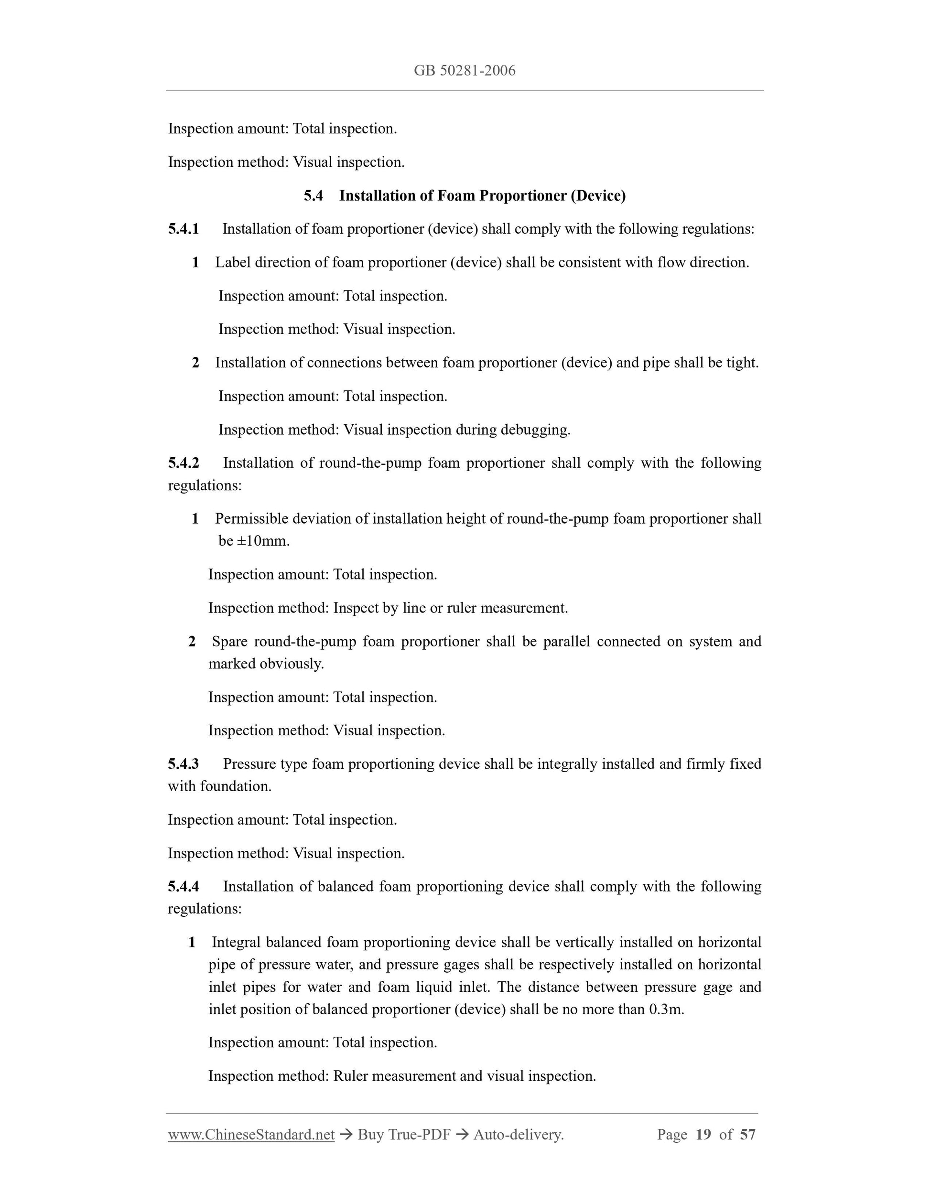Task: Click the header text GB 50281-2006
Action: tap(465, 71)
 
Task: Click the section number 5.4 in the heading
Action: tap(313, 195)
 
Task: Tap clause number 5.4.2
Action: tap(184, 462)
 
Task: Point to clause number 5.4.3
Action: tap(184, 764)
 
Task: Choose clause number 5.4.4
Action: tap(184, 886)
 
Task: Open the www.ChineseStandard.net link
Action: tap(251, 1135)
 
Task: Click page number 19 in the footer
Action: tap(703, 1135)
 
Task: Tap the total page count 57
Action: tap(747, 1135)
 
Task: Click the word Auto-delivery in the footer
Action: tap(518, 1135)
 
